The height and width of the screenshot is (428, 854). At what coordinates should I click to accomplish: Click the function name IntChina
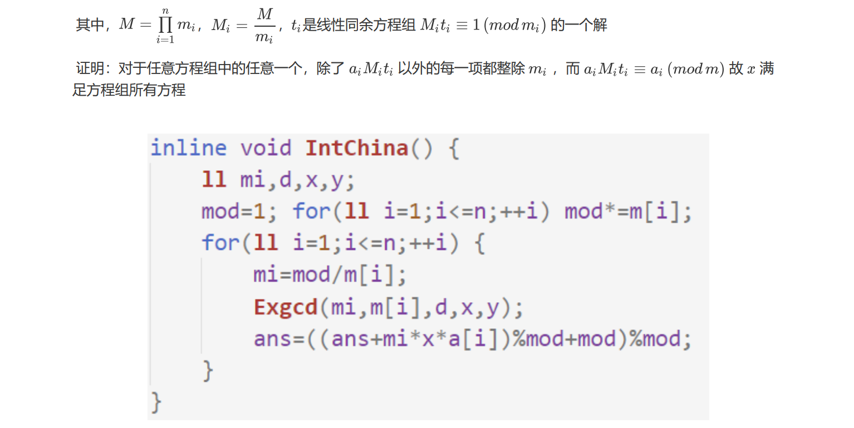click(356, 148)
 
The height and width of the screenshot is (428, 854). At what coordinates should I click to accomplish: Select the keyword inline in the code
click(188, 148)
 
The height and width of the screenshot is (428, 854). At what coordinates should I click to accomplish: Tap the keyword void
click(266, 148)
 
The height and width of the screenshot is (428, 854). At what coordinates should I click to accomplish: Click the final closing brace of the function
click(157, 401)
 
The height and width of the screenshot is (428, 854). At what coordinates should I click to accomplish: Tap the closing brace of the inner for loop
click(208, 370)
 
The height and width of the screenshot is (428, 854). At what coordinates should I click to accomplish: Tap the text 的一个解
click(578, 25)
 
